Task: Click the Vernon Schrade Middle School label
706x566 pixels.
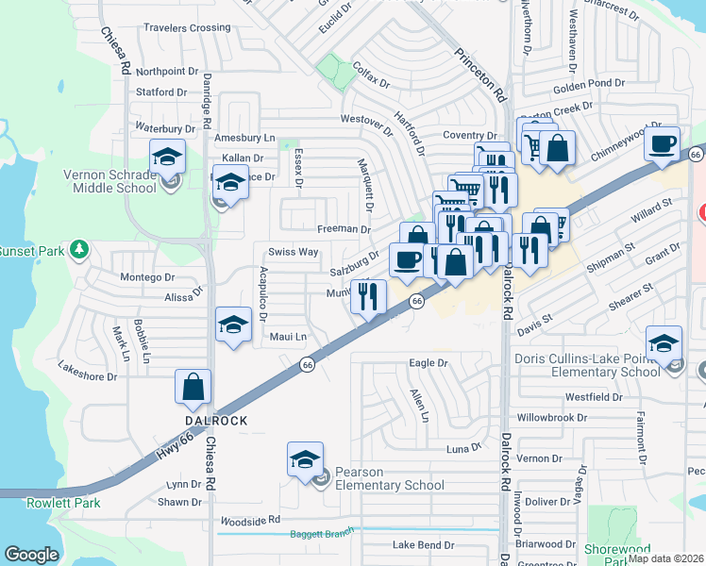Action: (x=109, y=181)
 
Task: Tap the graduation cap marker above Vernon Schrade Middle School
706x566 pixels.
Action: (x=168, y=156)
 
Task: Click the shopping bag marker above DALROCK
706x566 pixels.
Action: (x=193, y=387)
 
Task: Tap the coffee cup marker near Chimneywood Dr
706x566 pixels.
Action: (x=663, y=143)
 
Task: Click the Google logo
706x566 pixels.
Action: (x=31, y=555)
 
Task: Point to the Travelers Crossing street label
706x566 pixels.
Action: (x=187, y=28)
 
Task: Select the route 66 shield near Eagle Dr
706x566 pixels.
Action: (x=307, y=364)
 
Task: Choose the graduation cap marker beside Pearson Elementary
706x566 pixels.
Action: (x=305, y=459)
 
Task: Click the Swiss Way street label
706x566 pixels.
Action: (x=293, y=252)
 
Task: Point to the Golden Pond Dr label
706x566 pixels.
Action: (x=588, y=83)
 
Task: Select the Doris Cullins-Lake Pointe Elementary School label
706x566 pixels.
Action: (x=587, y=365)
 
